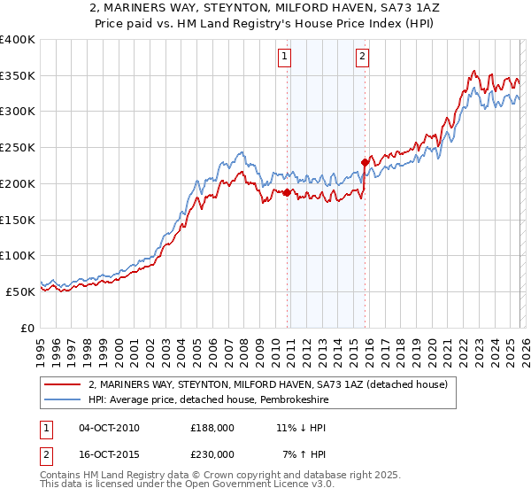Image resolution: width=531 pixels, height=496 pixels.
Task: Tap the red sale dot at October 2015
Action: (365, 162)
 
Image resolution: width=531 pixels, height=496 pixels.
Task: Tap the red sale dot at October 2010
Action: (287, 192)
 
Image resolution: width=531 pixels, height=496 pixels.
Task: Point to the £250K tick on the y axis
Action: (18, 147)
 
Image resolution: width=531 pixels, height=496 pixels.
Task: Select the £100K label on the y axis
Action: (18, 255)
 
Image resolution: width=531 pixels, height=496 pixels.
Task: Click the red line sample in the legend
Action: (63, 384)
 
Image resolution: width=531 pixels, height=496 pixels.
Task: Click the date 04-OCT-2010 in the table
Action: (109, 428)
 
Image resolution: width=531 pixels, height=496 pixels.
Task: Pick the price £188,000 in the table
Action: (212, 428)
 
